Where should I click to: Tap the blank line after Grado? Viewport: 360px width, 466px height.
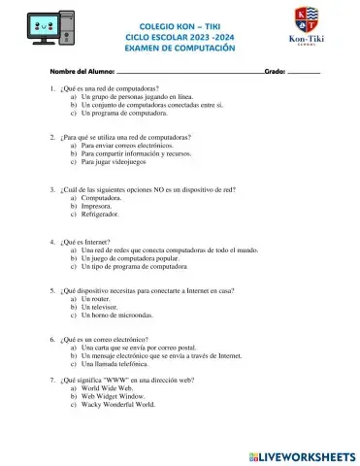304,73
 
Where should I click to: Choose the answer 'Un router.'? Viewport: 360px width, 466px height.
100,299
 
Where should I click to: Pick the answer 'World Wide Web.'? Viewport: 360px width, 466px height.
114,389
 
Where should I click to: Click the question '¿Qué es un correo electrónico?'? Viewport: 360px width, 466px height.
104,340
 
